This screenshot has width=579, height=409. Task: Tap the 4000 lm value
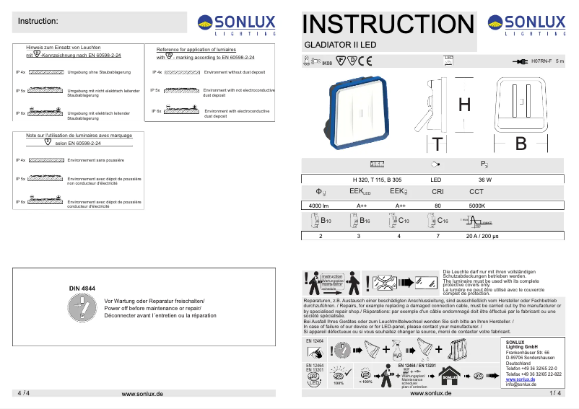coord(319,206)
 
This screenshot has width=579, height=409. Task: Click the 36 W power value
coord(484,179)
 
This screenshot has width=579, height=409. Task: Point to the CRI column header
coord(437,192)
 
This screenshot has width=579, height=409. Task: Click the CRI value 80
coord(437,206)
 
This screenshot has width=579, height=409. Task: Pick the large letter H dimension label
coord(465,105)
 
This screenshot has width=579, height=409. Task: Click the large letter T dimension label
coord(437,144)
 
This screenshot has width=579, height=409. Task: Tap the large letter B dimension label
coord(521,142)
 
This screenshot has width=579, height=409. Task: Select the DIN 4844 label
coord(82,289)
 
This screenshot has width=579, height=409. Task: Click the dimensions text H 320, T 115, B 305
coord(377,179)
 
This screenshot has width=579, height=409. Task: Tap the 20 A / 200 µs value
coord(481,236)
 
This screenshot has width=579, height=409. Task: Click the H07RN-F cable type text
coord(541,62)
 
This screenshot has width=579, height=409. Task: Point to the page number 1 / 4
coord(554,393)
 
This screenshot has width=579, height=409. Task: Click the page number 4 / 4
coord(23,393)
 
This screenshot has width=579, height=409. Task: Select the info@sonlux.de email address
coord(521,384)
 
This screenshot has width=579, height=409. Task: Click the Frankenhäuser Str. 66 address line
coord(528,352)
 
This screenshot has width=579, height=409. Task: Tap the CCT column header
coord(476,192)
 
